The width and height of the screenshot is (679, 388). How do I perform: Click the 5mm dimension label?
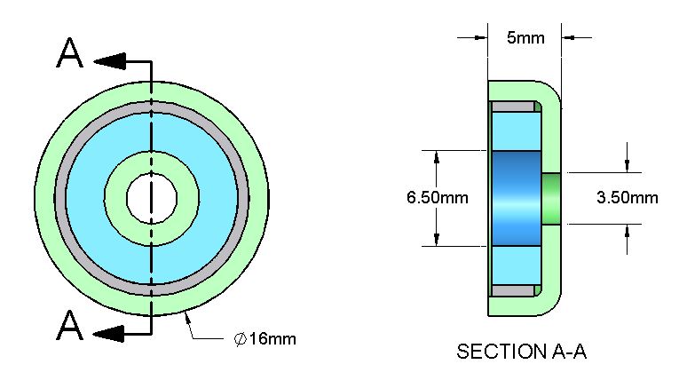pyautogui.click(x=525, y=38)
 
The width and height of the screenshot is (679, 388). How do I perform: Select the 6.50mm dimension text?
pyautogui.click(x=438, y=198)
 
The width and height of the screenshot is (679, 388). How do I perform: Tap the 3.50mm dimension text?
pyautogui.click(x=628, y=197)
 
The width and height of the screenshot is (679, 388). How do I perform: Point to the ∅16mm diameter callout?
pyautogui.click(x=265, y=338)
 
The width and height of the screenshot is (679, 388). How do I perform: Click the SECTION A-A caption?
pyautogui.click(x=522, y=352)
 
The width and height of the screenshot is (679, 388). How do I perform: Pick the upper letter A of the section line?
pyautogui.click(x=70, y=53)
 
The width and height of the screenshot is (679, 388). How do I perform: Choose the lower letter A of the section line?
pyautogui.click(x=70, y=325)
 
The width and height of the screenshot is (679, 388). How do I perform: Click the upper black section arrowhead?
pyautogui.click(x=109, y=61)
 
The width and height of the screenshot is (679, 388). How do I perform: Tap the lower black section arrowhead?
pyautogui.click(x=109, y=334)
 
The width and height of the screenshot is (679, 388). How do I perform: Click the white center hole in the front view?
pyautogui.click(x=152, y=198)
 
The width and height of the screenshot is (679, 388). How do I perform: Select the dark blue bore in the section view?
pyautogui.click(x=517, y=198)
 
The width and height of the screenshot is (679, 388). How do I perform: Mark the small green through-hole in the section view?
pyautogui.click(x=551, y=198)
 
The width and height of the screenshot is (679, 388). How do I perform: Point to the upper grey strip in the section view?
pyautogui.click(x=514, y=107)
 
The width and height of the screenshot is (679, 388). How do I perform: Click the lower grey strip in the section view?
pyautogui.click(x=514, y=290)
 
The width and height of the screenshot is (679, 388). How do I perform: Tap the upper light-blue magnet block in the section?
pyautogui.click(x=517, y=131)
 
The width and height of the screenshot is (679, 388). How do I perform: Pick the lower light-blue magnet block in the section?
pyautogui.click(x=517, y=265)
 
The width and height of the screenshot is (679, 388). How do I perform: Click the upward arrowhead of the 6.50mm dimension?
pyautogui.click(x=437, y=158)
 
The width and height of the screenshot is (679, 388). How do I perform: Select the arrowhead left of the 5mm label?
pyautogui.click(x=481, y=37)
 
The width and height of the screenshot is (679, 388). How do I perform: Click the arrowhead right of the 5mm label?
pyautogui.click(x=568, y=37)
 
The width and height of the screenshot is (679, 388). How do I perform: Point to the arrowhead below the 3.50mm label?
pyautogui.click(x=627, y=231)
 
